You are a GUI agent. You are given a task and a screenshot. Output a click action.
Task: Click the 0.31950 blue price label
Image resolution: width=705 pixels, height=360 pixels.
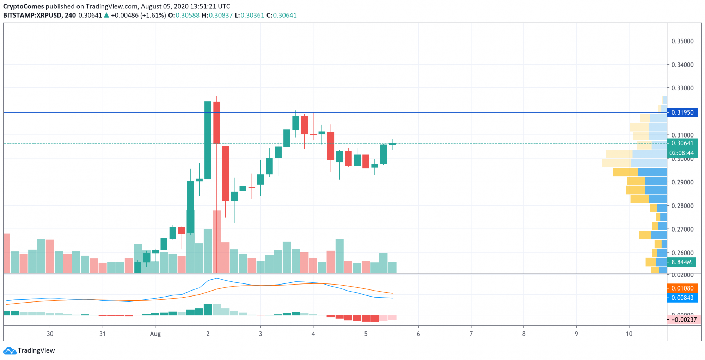(682, 112)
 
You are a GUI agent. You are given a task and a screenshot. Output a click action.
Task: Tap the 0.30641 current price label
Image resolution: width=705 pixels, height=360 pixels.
(682, 143)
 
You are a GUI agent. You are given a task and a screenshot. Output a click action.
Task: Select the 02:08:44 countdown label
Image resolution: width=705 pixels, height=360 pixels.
(681, 153)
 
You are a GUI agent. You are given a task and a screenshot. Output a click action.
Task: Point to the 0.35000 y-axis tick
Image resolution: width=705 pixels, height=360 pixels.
(682, 41)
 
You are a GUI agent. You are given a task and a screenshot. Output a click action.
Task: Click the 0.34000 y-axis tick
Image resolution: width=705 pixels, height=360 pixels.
(682, 65)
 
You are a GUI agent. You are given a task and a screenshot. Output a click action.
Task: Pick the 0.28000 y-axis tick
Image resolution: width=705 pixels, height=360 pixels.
(682, 206)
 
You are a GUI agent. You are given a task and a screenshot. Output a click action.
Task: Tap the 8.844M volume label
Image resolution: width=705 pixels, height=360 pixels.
(681, 262)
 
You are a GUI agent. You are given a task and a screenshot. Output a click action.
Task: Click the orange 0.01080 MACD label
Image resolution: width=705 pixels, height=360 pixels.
(682, 288)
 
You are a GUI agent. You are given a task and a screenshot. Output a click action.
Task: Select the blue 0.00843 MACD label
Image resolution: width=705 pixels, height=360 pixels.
(682, 298)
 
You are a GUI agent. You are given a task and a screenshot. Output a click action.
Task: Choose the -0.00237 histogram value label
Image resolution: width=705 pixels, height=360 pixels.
(683, 319)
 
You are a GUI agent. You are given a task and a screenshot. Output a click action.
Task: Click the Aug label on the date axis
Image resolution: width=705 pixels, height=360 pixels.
(155, 334)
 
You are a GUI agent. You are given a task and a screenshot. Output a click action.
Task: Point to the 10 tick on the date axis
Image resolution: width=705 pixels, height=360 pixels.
(629, 334)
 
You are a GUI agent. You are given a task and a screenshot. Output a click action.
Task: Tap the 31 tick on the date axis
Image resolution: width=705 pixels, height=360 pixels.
(102, 334)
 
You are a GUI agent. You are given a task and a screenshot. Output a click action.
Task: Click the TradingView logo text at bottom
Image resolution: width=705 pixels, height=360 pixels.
(36, 350)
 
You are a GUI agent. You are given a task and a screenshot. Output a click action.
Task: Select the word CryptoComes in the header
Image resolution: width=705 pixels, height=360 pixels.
(24, 6)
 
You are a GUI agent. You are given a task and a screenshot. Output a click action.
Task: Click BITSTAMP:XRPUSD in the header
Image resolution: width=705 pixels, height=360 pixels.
(33, 16)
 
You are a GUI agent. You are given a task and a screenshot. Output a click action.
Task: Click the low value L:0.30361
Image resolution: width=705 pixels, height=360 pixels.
(250, 16)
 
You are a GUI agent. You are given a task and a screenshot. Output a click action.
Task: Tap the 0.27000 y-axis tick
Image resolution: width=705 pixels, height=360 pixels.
(682, 229)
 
